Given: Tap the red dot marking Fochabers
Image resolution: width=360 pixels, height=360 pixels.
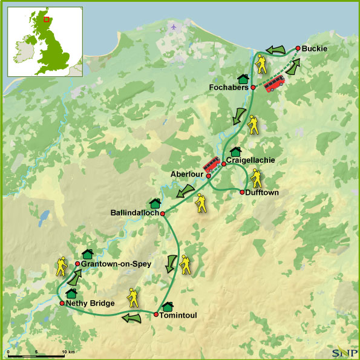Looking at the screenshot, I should click(x=253, y=88).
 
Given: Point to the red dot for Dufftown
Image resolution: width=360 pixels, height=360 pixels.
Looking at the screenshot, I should click(x=242, y=192).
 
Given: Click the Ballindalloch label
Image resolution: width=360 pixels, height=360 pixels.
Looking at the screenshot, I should click(x=134, y=213).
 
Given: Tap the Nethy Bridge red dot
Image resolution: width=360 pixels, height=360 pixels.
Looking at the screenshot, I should click(x=62, y=303).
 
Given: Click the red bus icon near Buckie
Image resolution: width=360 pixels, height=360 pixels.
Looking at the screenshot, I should click(x=275, y=83).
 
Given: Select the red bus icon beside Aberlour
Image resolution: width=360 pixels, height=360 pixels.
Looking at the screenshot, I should click(x=211, y=164).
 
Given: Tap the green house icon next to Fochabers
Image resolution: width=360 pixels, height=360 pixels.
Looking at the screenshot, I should click(x=243, y=79).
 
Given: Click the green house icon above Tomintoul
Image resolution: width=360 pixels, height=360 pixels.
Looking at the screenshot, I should click(x=168, y=306).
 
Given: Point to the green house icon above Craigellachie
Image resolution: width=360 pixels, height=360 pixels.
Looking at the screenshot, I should click(x=235, y=151).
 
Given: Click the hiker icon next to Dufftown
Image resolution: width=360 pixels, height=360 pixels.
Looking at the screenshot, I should click(x=257, y=178).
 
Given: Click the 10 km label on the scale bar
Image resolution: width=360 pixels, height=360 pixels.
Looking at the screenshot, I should click(x=68, y=352).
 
